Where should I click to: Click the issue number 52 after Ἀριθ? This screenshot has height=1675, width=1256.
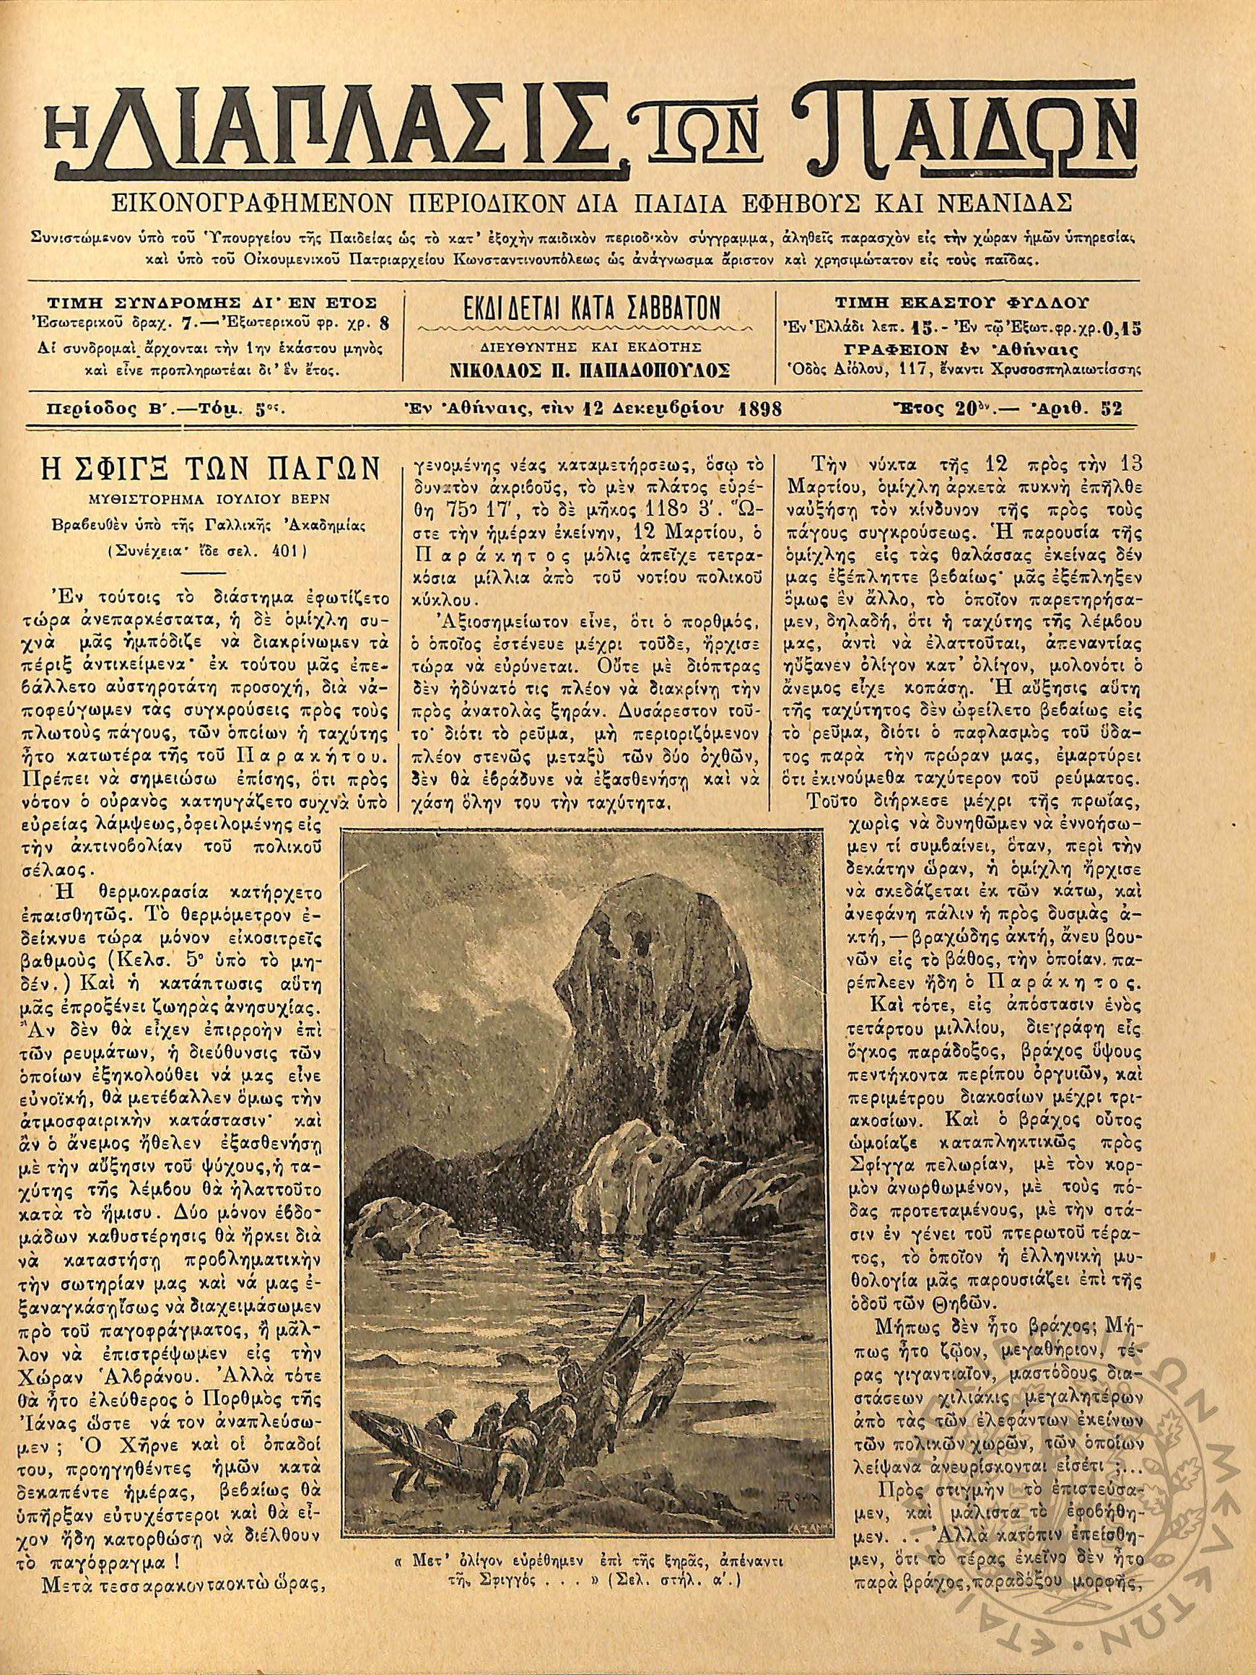[x=1112, y=409]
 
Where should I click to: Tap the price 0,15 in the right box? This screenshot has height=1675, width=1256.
[x=1118, y=327]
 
